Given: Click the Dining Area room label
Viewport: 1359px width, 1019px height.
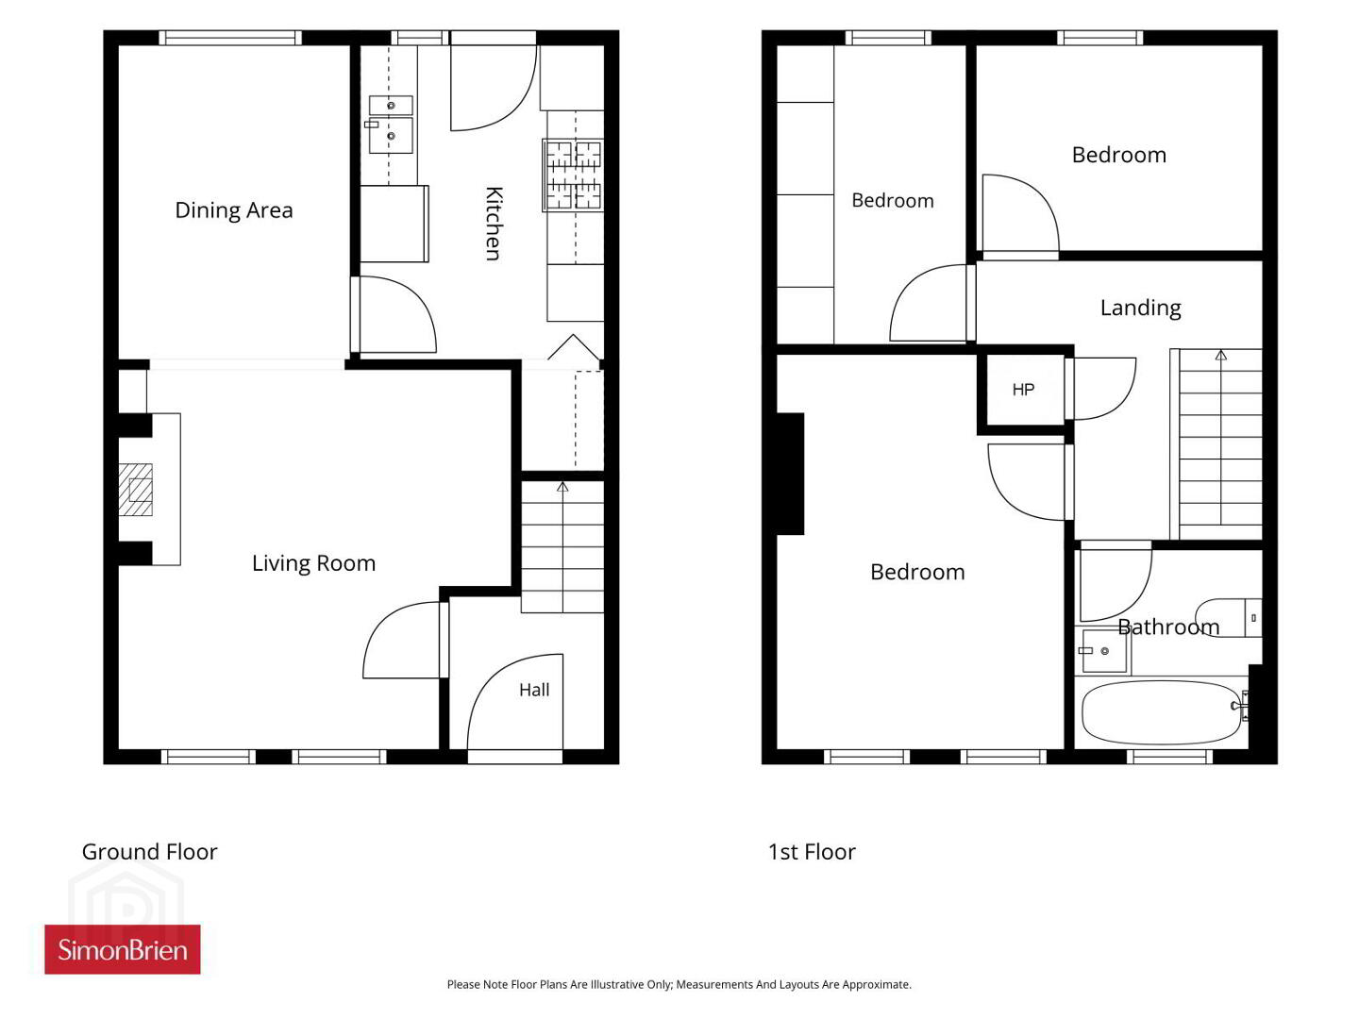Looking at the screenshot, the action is tap(233, 210).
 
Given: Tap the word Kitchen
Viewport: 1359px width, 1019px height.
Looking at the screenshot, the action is tap(494, 224).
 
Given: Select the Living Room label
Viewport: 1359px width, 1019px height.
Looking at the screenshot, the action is tap(313, 563).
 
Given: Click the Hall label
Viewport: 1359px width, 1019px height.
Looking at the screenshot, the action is tap(534, 689).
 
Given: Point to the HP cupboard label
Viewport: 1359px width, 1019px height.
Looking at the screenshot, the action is tap(1023, 389).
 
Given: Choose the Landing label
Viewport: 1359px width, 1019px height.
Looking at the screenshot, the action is tap(1140, 308).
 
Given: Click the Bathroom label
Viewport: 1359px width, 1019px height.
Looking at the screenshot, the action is tap(1168, 626).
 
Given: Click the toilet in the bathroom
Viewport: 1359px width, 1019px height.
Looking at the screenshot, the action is tap(1228, 617).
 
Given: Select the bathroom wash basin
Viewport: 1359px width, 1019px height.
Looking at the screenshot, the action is tap(1104, 651).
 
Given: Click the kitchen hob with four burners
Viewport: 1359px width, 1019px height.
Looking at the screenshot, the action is tap(573, 175).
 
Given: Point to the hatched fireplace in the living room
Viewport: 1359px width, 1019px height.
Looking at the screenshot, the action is tap(136, 490).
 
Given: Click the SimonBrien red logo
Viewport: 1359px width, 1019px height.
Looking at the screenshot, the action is tap(123, 949).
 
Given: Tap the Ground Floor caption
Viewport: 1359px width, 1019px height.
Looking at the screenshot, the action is tap(150, 852).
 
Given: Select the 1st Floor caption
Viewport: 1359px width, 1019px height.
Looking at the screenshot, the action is tap(812, 852).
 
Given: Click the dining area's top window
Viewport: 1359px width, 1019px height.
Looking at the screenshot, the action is tap(230, 38).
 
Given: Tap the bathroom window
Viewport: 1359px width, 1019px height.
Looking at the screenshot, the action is tap(1169, 757).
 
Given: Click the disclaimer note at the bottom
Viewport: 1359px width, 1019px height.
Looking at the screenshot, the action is tap(679, 984).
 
